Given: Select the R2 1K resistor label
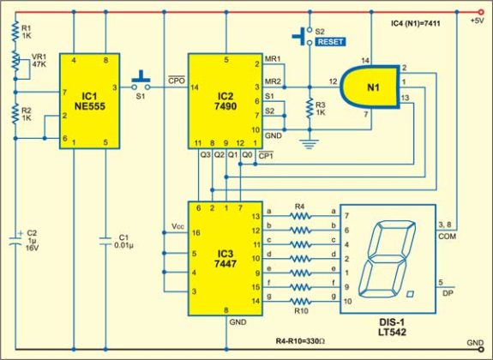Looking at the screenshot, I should (x=28, y=114).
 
